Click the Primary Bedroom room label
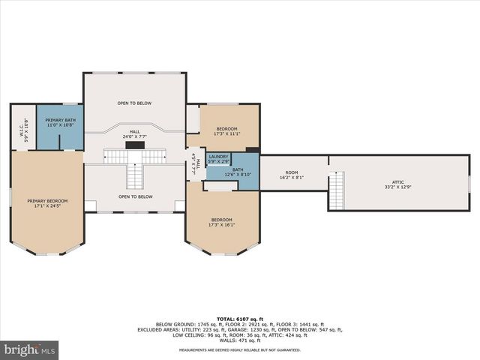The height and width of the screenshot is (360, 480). [47, 201]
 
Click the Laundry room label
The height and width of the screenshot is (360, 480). [218, 157]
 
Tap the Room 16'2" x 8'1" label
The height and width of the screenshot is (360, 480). [291, 175]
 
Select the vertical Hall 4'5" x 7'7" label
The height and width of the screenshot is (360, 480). [193, 163]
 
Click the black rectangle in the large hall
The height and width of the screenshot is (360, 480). [134, 145]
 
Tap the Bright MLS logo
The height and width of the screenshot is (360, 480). [31, 350]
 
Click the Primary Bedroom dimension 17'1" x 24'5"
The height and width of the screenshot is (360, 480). [47, 205]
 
